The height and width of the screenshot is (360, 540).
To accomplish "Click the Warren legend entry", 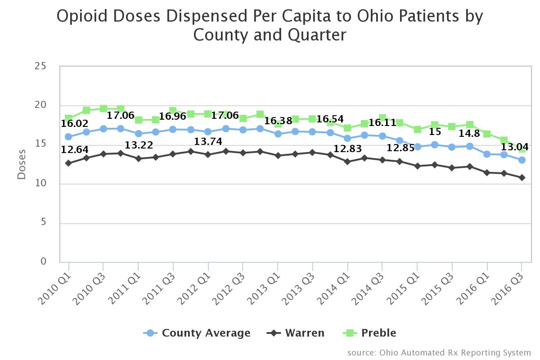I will coord(304,333).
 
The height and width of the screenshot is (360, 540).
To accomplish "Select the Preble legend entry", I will coord(378,333).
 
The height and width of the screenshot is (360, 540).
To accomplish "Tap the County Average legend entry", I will coord(206,333).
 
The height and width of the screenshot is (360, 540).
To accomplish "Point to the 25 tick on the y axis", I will coord(40,66).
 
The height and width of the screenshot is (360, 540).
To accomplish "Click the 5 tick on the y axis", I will coord(43,223).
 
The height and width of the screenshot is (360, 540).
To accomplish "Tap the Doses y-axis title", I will coord(22,165).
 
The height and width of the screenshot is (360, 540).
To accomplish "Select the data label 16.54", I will coord(330,119).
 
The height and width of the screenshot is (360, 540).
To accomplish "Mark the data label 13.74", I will coord(208,141).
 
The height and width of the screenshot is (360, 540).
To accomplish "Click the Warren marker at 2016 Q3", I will coord(522,178).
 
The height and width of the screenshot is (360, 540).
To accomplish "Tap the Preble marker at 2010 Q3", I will coord(103,108).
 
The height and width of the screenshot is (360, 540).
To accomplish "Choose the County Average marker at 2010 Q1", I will coord(68,137).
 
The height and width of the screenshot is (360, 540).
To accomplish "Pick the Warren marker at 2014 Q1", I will coord(347,161).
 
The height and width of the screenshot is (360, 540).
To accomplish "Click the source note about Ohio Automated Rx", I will coord(439,352).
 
